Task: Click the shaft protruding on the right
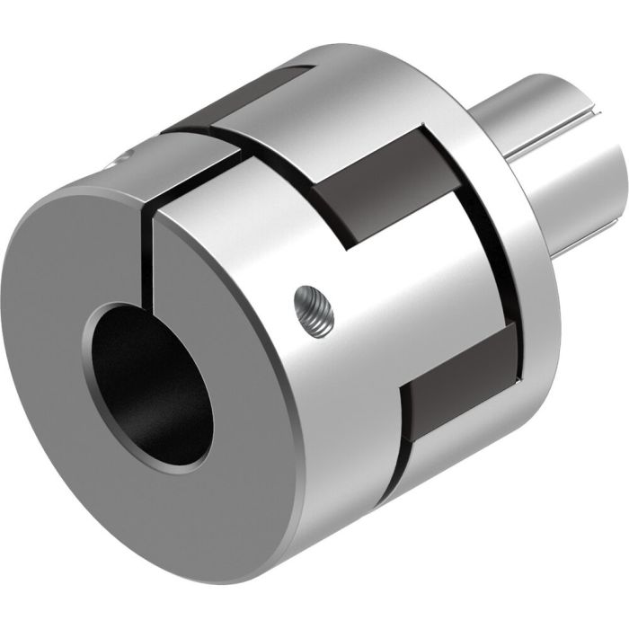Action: [557, 171]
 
